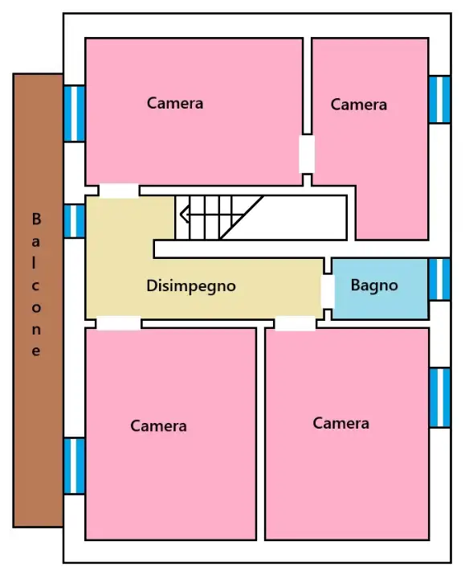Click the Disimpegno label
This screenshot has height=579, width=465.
(x=191, y=285)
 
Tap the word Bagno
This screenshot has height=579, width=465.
(x=374, y=285)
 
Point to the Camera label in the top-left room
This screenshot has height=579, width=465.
(x=175, y=103)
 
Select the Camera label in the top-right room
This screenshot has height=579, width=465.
(x=358, y=105)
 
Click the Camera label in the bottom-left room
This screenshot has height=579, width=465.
(x=159, y=426)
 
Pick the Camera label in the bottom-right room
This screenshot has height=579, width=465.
(x=341, y=423)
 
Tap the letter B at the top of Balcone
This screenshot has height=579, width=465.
(x=36, y=219)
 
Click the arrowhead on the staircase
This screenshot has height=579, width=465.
(x=184, y=215)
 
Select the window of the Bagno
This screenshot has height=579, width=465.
(x=439, y=279)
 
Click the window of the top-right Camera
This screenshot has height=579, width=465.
(x=439, y=100)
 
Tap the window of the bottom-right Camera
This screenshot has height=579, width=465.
(x=439, y=397)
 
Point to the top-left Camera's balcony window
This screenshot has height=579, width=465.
(x=74, y=113)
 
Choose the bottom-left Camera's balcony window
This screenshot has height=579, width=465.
(x=74, y=466)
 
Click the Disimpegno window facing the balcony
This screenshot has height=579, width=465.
(x=74, y=221)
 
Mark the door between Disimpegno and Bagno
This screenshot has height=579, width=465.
(x=327, y=291)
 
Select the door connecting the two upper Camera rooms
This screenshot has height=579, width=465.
(x=307, y=154)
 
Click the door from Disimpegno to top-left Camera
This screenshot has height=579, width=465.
(x=119, y=191)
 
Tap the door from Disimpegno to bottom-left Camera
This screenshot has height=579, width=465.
(x=119, y=323)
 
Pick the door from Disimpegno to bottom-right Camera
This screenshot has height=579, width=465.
(x=295, y=323)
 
